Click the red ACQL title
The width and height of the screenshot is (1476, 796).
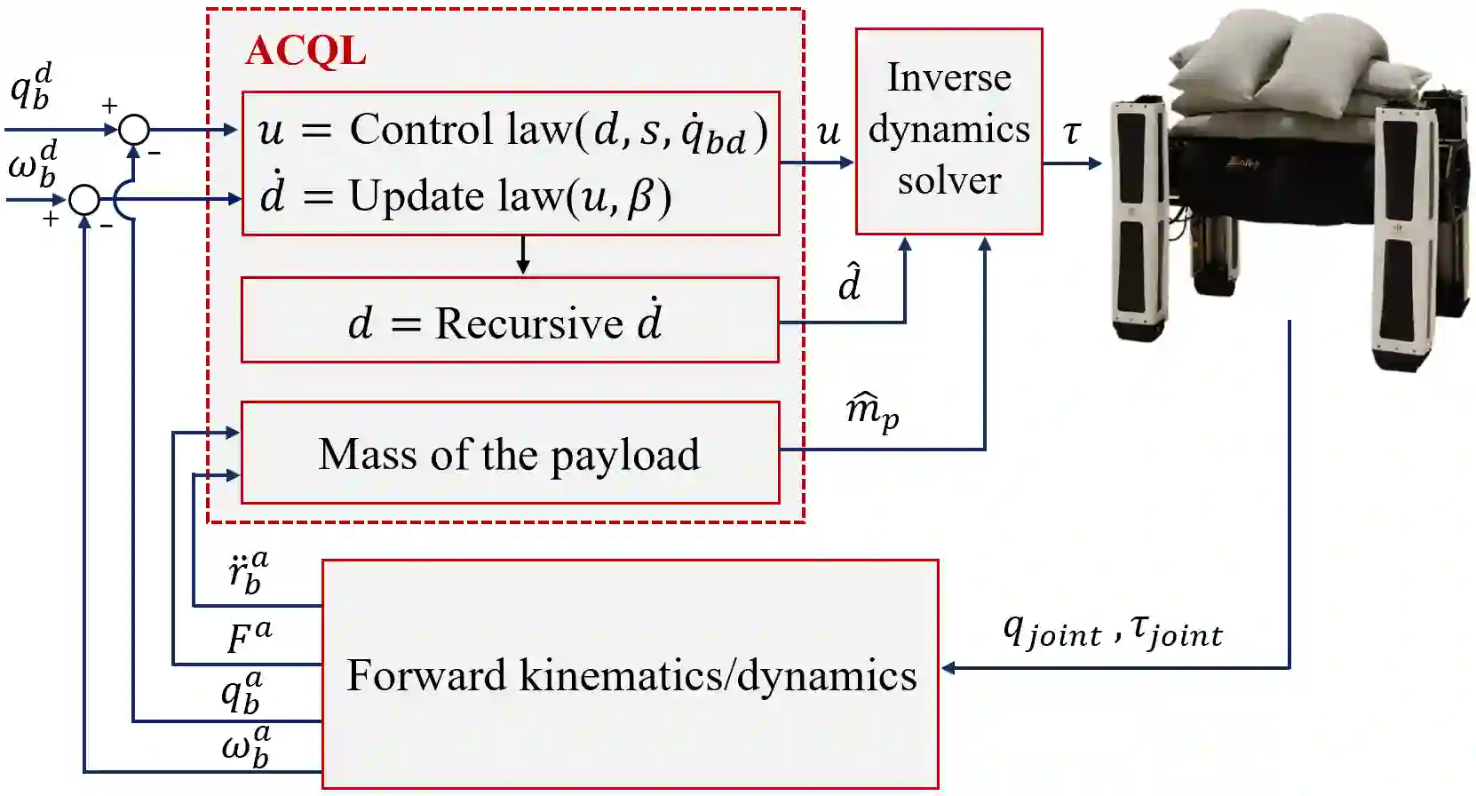click(306, 51)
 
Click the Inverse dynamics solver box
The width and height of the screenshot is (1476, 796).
click(948, 131)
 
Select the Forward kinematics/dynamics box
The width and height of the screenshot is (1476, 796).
click(631, 674)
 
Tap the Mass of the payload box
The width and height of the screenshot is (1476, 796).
click(510, 453)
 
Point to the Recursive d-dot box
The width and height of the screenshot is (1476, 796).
click(510, 321)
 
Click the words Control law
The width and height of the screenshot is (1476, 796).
click(461, 130)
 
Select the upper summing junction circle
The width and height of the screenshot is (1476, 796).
click(134, 130)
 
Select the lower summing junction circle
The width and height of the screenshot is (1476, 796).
click(84, 200)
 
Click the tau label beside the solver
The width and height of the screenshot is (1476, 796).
click(1072, 132)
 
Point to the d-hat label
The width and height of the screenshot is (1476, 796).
click(850, 283)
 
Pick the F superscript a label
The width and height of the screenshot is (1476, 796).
click(249, 636)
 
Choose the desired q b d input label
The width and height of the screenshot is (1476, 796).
click(32, 87)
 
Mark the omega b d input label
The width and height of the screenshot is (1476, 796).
click(33, 163)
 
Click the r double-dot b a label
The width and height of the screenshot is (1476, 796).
click(248, 571)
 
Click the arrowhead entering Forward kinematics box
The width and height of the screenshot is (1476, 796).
click(948, 668)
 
